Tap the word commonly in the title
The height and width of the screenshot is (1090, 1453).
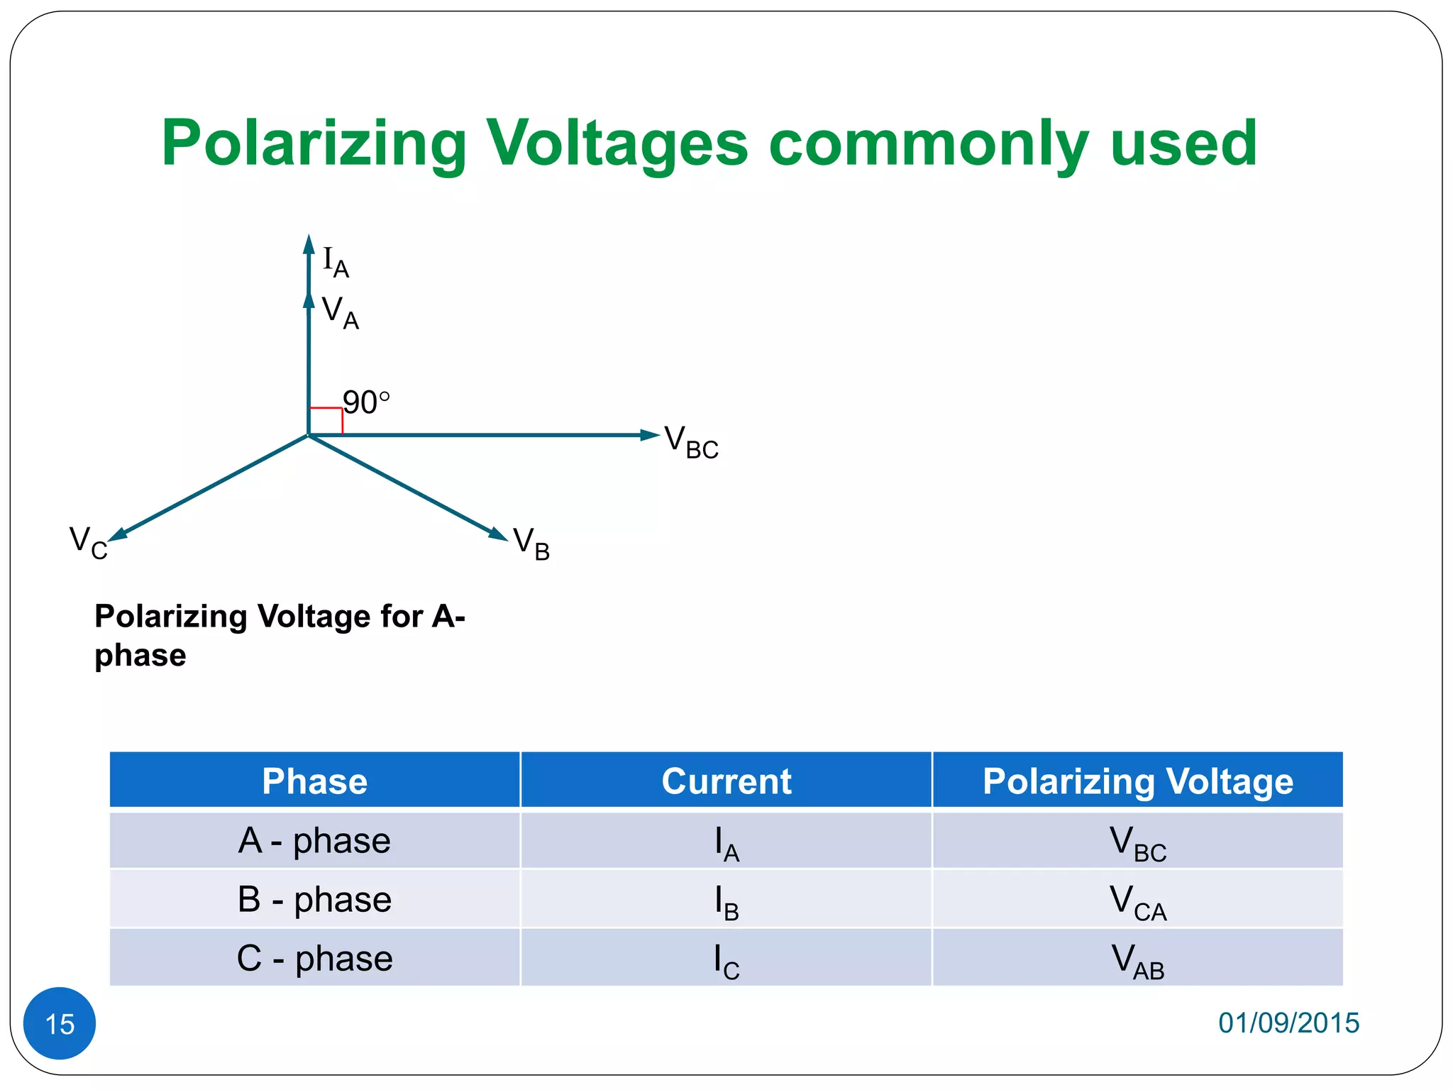929,144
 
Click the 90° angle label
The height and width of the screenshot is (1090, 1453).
366,402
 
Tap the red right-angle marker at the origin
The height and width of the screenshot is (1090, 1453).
326,421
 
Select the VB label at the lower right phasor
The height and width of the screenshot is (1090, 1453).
531,544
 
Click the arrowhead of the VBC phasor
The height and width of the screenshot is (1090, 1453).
649,435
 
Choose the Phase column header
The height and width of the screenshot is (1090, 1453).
314,781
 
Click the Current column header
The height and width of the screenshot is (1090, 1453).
726,781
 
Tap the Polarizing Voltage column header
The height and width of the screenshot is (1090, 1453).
1137,781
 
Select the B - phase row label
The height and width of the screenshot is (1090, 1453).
314,900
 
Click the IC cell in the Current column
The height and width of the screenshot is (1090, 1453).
726,962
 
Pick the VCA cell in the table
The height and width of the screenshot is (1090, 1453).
1137,903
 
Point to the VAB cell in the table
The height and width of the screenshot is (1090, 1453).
1137,962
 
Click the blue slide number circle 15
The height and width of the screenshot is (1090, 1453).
60,1023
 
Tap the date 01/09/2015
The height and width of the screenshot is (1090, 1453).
1288,1023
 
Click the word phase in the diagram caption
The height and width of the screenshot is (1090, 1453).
140,655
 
